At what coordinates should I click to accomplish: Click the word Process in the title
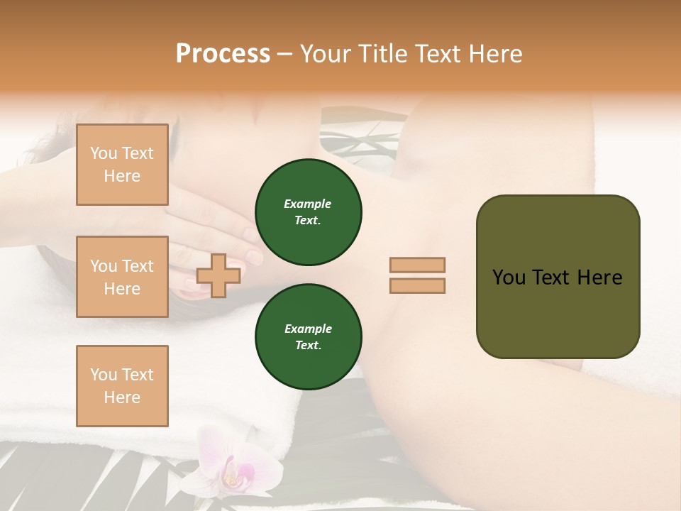point(223,54)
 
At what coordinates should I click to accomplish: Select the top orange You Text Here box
point(122,165)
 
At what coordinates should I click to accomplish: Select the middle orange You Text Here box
point(122,277)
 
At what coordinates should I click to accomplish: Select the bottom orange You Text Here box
point(122,386)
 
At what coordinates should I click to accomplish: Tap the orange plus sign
point(218,275)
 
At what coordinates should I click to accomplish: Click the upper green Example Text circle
point(309,212)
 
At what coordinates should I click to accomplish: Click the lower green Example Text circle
point(309,337)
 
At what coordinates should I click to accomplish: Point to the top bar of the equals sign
point(417,265)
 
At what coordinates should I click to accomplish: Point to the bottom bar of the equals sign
point(417,285)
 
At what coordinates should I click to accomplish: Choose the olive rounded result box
point(558,277)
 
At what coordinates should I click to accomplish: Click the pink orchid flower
point(231,465)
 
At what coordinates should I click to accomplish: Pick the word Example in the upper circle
point(308,204)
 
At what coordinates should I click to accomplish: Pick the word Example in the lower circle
point(308,329)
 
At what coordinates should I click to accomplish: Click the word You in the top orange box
point(104,153)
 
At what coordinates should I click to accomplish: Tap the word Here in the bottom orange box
point(122,397)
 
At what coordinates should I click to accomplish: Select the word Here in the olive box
point(599,278)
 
